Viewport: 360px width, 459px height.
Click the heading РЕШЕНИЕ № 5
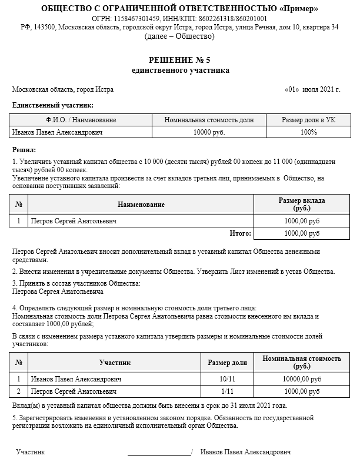coord(179,61)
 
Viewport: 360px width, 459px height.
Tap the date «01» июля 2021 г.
coord(312,89)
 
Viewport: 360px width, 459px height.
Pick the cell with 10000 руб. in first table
coord(209,132)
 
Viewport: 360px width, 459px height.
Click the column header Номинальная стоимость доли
coord(209,120)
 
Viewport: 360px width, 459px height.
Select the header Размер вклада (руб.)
coord(301,204)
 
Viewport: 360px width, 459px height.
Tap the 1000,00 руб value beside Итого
coord(301,233)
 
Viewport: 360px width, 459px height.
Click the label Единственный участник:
coord(52,105)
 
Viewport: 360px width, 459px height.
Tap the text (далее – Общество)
coord(179,36)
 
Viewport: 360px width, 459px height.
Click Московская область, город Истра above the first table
coord(63,89)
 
